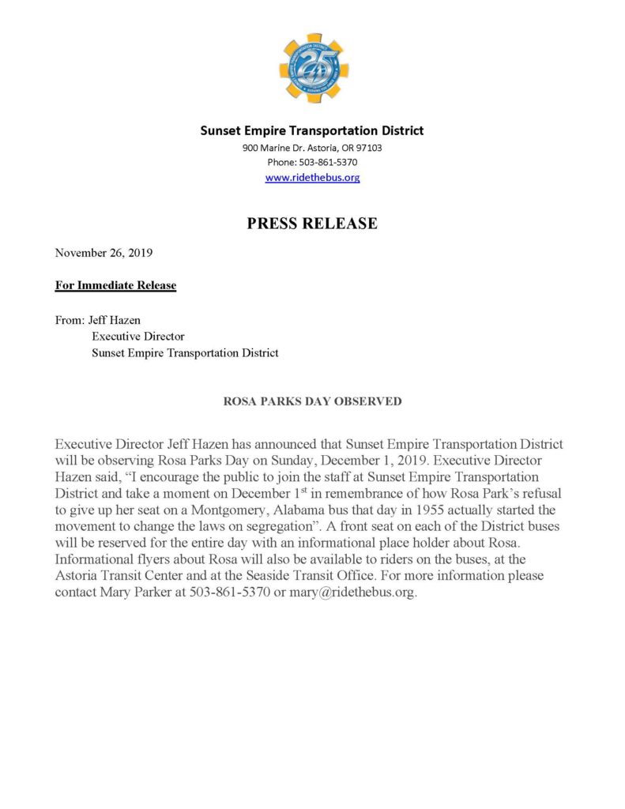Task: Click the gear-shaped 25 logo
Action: click(312, 67)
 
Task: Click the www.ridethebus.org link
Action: click(312, 178)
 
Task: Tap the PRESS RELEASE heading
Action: click(312, 224)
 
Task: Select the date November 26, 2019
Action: click(104, 254)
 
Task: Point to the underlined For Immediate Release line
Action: click(115, 285)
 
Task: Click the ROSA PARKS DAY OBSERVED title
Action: click(312, 401)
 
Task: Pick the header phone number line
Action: click(312, 163)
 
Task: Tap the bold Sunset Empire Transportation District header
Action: click(312, 130)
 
